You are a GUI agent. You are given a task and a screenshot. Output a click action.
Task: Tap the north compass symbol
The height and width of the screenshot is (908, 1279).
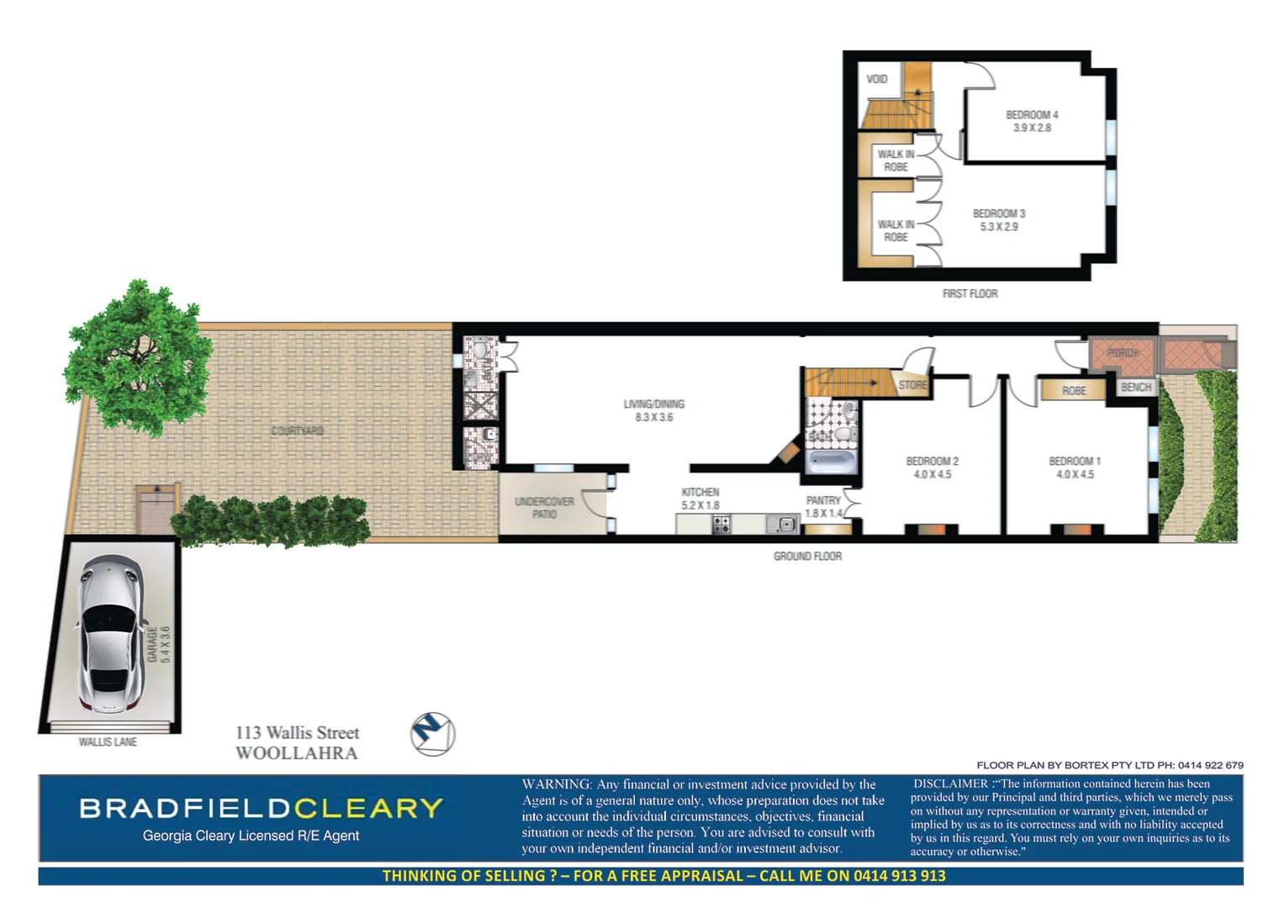(x=432, y=733)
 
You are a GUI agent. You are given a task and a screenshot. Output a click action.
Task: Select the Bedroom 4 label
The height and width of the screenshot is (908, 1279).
(x=1032, y=114)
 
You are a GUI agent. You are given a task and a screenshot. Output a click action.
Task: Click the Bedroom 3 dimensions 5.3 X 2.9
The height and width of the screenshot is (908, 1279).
(x=998, y=227)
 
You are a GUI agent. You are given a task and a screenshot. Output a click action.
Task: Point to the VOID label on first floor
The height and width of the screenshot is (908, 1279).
(x=876, y=79)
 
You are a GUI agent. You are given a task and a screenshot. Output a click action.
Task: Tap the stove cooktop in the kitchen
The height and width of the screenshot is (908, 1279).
(x=721, y=525)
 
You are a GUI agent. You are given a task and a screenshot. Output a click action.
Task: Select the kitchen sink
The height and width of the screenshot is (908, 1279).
(x=784, y=525)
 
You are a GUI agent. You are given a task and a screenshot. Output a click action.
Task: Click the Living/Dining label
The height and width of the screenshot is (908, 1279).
(x=653, y=404)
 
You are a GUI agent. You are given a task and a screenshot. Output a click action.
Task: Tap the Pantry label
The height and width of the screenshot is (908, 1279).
(x=822, y=500)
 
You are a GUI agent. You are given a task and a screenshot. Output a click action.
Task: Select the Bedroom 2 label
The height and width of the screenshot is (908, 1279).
(x=932, y=462)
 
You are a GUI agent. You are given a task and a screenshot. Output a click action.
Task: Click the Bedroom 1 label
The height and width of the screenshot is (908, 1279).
(x=1074, y=462)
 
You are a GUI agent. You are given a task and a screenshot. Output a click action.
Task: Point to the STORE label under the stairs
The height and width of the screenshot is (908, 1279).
(x=912, y=385)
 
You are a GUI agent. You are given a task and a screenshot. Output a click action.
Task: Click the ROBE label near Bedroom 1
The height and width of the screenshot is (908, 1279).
(x=1073, y=391)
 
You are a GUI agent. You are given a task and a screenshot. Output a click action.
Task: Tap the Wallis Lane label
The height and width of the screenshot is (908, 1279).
(x=108, y=742)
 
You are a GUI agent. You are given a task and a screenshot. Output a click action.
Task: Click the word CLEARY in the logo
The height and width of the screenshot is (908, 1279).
(x=367, y=808)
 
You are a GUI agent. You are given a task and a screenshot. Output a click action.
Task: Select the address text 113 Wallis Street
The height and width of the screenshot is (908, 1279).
(x=297, y=733)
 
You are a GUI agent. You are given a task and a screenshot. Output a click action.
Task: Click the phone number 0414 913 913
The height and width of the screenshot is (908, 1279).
(x=899, y=876)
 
